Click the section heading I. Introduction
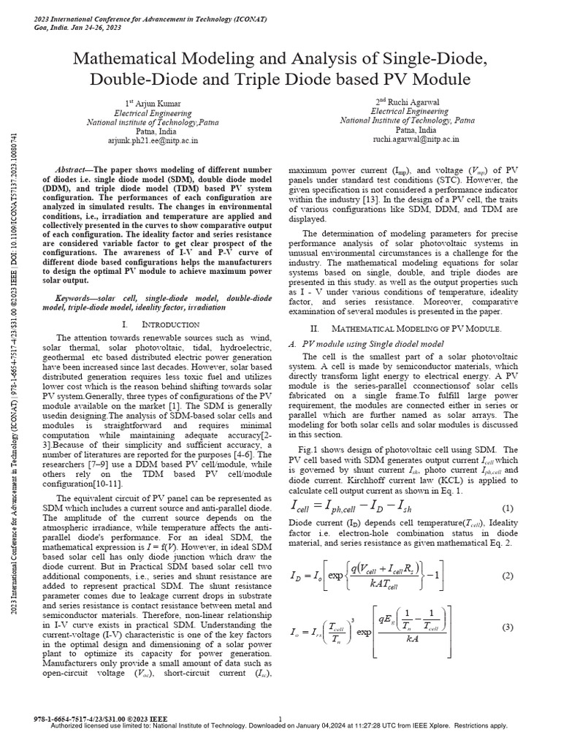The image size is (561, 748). [151, 323]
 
